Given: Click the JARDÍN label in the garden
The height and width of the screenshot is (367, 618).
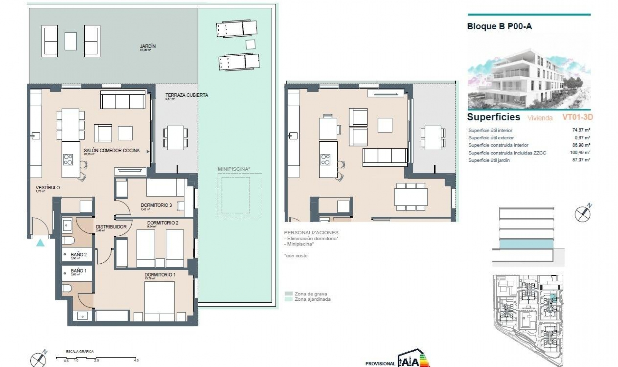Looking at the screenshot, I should pos(148,46).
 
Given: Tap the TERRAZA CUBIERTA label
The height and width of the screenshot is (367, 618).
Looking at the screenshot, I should pos(186,95).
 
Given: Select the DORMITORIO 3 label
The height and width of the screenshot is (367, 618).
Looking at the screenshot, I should pos(156,205).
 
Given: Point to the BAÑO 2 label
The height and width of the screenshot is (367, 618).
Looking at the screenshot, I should pos(79,255).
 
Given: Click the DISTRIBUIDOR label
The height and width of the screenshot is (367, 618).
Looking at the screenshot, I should pos(111,227).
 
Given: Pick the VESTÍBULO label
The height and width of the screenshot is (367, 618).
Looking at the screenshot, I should pos(48,188).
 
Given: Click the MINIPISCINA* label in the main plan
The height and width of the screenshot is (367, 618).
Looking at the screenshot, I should pos(234,169).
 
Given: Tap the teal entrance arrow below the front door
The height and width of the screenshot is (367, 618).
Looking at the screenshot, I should pos(40,243).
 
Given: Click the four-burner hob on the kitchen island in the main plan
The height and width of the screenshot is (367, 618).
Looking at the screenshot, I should pos(68,160).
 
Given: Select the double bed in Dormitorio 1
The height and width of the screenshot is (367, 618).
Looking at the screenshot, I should pos(159,299).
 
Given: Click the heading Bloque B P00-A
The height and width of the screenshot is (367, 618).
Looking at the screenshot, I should pos(499,26).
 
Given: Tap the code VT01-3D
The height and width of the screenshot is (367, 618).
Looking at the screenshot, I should pos(577,117).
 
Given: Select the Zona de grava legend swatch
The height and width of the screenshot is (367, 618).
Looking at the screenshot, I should pos(289,294).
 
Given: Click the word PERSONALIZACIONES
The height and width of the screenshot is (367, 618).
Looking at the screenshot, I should pos(311,232).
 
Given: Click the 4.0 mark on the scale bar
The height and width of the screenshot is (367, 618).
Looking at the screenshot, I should pos(136,360).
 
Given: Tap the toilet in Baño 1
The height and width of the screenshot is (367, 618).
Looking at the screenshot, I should pos(67,288).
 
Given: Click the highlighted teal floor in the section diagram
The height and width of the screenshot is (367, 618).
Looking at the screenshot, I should pos(527,244).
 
